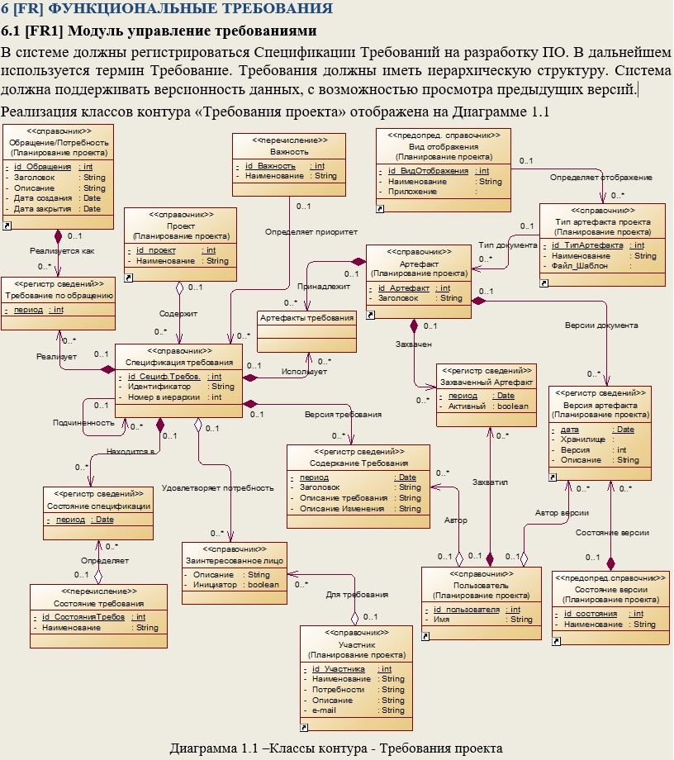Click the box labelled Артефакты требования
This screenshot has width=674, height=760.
pyautogui.click(x=306, y=317)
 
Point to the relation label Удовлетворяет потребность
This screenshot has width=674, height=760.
pyautogui.click(x=217, y=487)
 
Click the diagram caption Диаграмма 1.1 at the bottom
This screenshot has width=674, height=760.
pyautogui.click(x=336, y=748)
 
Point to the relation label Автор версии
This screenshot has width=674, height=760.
pyautogui.click(x=562, y=513)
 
